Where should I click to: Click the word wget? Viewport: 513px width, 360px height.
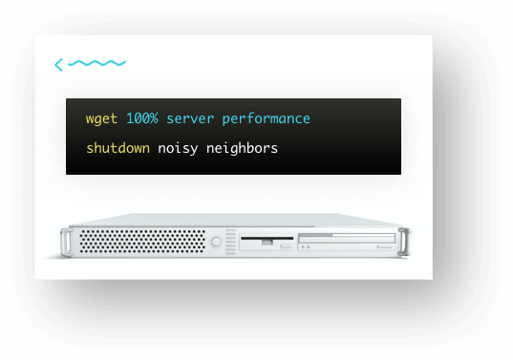pos(101,119)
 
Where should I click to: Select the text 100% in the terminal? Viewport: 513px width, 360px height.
pos(142,119)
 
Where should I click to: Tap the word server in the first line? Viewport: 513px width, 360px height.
pos(190,119)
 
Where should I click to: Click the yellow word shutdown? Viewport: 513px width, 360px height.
pos(118,149)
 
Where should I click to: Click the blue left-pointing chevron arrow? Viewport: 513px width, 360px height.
pos(59,65)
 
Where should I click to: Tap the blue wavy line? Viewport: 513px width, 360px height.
pos(97,64)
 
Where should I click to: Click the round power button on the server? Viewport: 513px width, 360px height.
pos(216,243)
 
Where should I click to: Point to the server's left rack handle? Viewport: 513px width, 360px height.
pos(64,243)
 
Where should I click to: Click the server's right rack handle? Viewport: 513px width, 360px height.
pos(406,242)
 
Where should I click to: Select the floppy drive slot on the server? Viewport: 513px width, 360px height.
pos(267,238)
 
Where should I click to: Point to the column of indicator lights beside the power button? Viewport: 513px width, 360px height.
pos(230,242)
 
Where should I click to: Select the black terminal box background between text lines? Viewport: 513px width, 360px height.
pos(234,135)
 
